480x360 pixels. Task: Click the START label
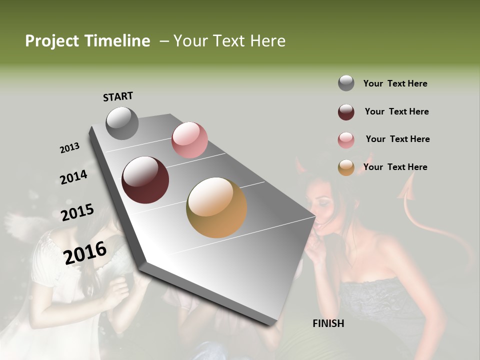118,96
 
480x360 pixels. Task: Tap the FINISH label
328,323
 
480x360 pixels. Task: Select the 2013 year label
69,148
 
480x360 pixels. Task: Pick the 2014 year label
73,177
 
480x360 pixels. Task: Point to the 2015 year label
77,212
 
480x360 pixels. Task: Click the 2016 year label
85,253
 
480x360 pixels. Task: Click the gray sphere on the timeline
122,123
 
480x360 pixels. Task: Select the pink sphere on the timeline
189,140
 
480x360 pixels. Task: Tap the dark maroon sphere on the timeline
145,180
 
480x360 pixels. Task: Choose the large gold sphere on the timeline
216,207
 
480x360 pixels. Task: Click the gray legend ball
346,83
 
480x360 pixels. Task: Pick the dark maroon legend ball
346,112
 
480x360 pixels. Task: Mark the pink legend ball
346,140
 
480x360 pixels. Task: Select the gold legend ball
346,167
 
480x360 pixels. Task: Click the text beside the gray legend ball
395,83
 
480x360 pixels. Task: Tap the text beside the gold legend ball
395,167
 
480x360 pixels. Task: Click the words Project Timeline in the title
87,41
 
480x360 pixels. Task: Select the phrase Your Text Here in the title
229,41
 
